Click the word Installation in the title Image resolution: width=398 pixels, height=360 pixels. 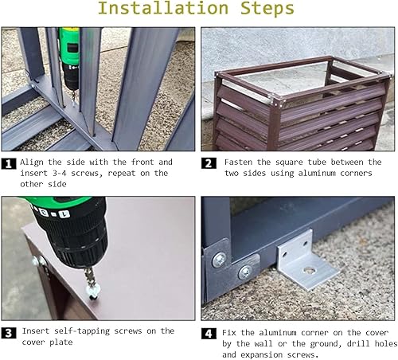coord(163,8)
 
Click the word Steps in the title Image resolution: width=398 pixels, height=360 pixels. coord(267,9)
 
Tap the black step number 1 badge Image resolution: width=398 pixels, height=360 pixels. coord(9,163)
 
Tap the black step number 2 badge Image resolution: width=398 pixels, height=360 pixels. coord(209,163)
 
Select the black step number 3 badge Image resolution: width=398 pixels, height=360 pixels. coord(9,333)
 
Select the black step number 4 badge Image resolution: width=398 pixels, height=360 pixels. coord(209,334)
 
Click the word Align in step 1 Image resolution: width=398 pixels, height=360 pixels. coord(32,162)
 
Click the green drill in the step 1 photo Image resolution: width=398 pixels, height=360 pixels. coord(70,61)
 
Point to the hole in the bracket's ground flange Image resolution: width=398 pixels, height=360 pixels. coord(309,271)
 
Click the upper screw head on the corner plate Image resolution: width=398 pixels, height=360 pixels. coord(219,260)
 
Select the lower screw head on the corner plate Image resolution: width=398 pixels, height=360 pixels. coord(245,272)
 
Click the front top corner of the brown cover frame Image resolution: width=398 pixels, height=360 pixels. coord(276,102)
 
